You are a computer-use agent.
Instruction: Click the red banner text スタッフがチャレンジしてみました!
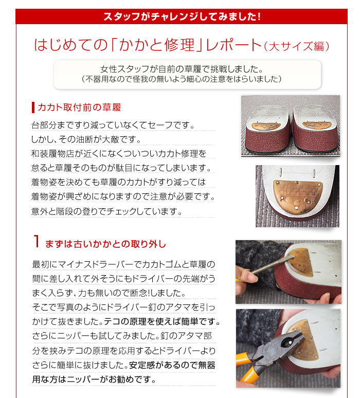(x=182, y=17)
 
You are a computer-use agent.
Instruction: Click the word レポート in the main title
(x=233, y=45)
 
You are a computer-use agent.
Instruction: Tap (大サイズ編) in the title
(x=297, y=46)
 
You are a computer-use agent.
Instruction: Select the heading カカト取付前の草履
(x=79, y=107)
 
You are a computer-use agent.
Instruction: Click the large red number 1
(x=37, y=241)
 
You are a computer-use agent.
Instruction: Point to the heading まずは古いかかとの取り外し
(x=105, y=244)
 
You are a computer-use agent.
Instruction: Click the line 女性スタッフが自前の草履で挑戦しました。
(x=182, y=69)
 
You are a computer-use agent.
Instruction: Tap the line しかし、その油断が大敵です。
(x=86, y=139)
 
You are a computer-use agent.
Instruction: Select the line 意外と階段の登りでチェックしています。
(x=106, y=211)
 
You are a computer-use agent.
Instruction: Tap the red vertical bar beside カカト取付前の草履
(x=33, y=107)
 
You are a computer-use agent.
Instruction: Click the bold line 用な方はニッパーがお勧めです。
(x=94, y=379)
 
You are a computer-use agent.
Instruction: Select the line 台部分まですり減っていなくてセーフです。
(x=113, y=125)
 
